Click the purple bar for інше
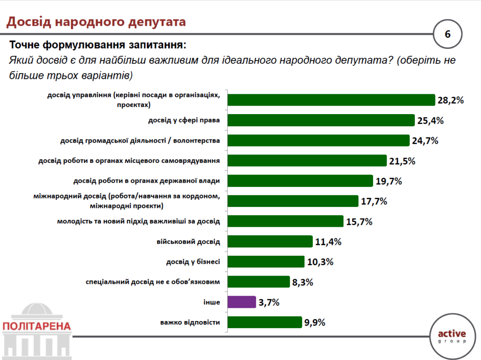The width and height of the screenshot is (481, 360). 242,302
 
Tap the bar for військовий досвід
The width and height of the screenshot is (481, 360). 270,242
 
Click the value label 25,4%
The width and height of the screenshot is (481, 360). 430,121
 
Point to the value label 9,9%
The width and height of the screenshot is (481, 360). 315,322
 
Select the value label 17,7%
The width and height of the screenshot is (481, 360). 374,201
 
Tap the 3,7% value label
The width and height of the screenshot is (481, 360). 269,302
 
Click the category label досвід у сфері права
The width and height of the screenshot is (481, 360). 185,121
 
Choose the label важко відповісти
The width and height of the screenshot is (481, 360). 190,322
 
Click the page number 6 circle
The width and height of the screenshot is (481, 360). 447,34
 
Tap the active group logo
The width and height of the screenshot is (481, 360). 451,336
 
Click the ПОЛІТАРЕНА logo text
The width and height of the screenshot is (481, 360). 36,326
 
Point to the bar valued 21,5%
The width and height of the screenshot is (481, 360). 307,161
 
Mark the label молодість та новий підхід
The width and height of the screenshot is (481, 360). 139,221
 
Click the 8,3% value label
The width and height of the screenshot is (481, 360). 303,282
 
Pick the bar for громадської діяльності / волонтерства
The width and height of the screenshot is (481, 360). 319,141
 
